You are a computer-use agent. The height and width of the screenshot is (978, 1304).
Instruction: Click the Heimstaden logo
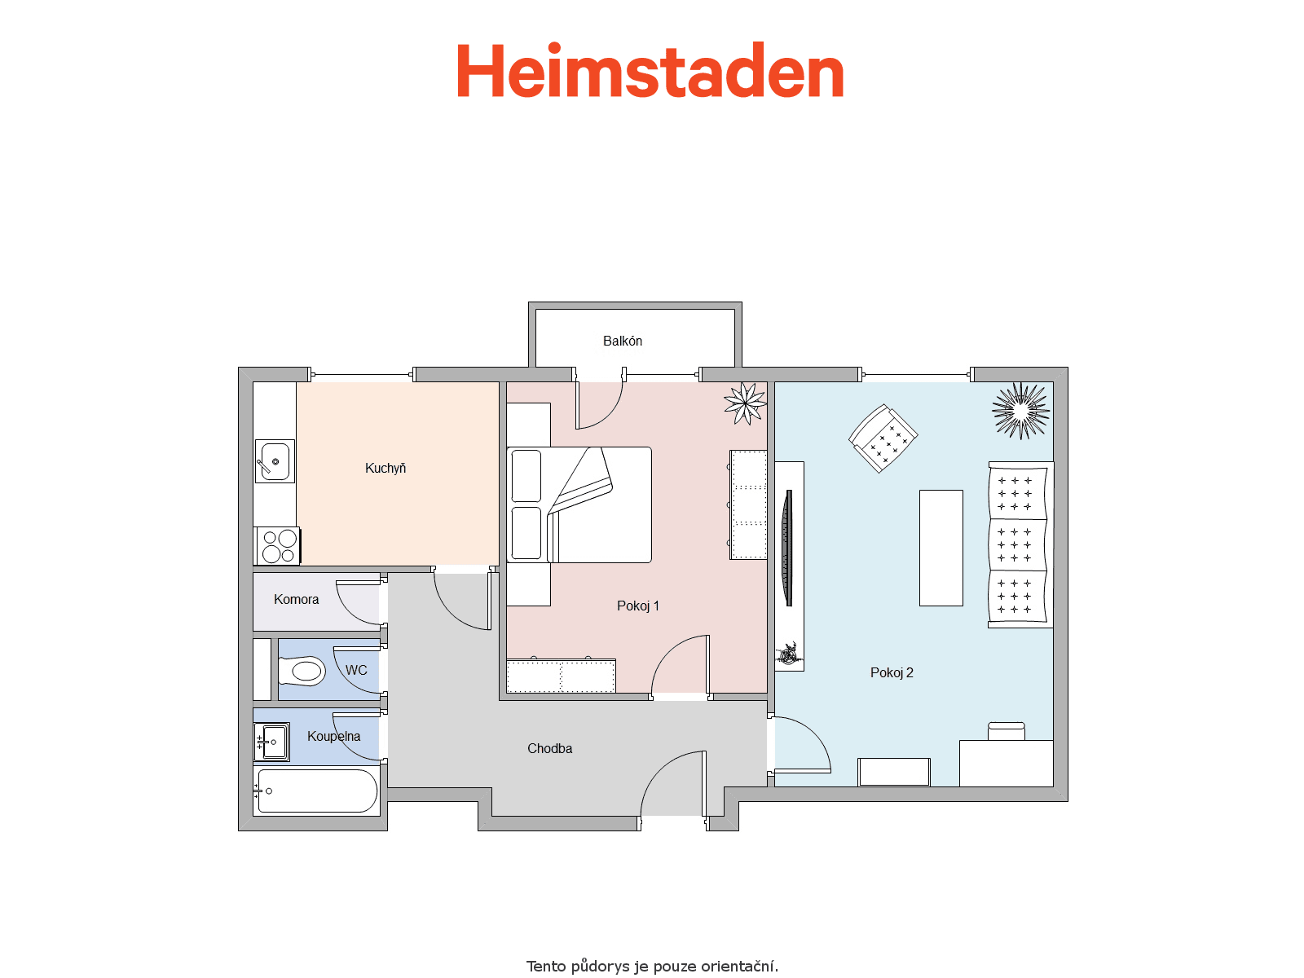click(650, 70)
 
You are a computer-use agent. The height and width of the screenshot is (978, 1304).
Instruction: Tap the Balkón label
click(622, 341)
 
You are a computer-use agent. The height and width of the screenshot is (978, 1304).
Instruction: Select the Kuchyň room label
click(385, 468)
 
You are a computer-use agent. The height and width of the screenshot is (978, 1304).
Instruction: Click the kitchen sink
click(275, 460)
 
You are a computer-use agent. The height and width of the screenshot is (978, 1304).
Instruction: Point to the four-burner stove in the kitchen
click(278, 546)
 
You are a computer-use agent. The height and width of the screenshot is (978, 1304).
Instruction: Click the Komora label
click(296, 599)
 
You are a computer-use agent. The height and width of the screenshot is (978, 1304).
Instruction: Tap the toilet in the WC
click(302, 671)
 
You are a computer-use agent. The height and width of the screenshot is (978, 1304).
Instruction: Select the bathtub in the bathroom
click(317, 791)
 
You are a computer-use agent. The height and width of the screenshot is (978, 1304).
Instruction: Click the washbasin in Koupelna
click(271, 742)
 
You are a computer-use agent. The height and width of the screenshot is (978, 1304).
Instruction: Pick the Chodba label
click(549, 748)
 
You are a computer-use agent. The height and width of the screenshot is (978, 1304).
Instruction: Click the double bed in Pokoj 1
click(579, 504)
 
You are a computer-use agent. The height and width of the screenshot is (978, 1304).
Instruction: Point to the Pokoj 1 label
click(637, 606)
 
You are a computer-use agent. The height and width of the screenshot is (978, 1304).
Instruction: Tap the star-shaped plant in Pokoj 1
click(745, 403)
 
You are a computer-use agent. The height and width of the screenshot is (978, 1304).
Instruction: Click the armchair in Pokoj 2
click(883, 438)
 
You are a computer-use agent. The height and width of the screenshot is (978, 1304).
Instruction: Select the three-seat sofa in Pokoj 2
click(1020, 544)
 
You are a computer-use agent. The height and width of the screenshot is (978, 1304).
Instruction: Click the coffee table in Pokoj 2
click(941, 548)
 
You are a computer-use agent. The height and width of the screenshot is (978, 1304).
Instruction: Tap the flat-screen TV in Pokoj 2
click(788, 548)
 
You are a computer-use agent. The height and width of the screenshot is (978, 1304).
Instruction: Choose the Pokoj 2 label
click(891, 673)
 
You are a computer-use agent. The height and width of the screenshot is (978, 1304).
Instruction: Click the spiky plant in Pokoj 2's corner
click(1020, 410)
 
